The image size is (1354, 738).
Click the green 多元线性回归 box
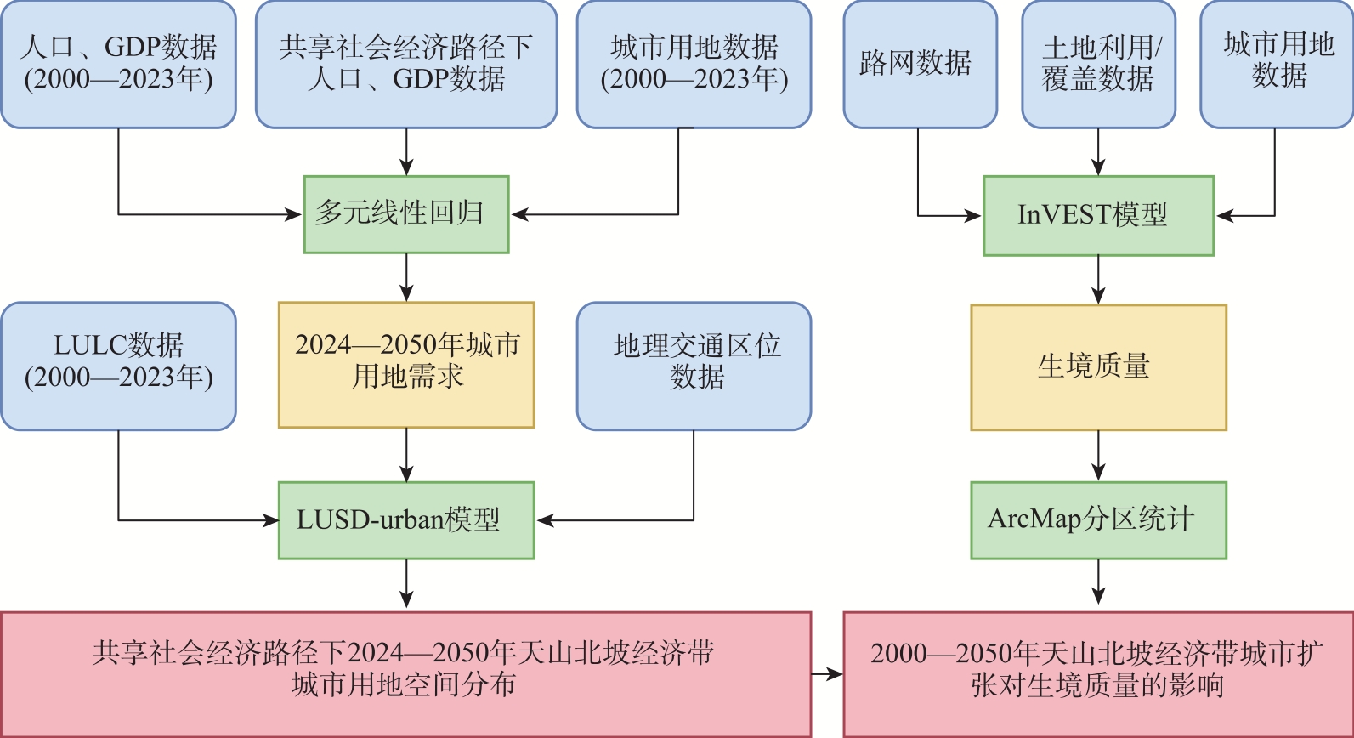[406, 214]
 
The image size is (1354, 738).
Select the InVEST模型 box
[1098, 215]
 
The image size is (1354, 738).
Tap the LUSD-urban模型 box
[406, 520]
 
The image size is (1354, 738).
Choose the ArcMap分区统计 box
[1098, 520]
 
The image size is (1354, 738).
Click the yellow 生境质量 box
[1098, 367]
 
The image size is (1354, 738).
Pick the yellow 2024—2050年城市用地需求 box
[406, 365]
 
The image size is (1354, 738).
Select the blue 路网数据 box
[920, 65]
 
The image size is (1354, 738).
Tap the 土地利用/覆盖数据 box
[1098, 65]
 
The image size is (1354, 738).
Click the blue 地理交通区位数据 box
[694, 366]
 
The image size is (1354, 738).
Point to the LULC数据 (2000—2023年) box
[118, 366]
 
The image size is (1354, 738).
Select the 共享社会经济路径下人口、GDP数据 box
[406, 65]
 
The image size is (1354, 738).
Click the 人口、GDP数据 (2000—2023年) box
[118, 65]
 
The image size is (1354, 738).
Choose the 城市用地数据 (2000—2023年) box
[694, 65]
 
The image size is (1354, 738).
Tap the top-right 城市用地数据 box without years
[1277, 65]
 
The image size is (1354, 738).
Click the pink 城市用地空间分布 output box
[405, 673]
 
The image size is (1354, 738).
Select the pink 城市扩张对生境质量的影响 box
[1098, 673]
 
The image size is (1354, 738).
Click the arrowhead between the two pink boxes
[836, 674]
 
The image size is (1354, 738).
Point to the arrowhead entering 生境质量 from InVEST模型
[1098, 296]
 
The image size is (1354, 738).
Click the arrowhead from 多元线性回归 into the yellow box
[406, 293]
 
